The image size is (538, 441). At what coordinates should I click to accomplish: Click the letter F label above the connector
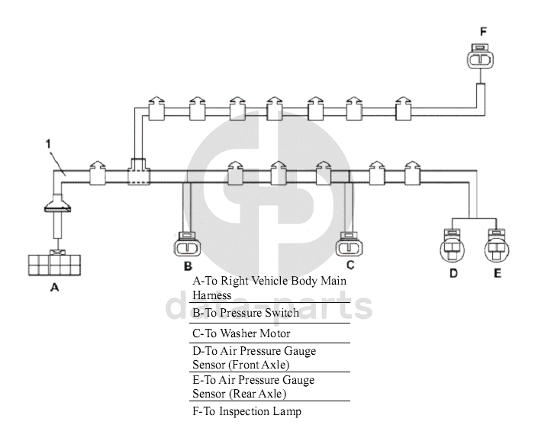coord(482,31)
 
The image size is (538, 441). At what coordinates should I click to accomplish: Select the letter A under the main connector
coord(54,288)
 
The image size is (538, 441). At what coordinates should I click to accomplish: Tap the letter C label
coord(350,266)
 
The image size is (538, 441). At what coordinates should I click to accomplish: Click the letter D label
coord(453,273)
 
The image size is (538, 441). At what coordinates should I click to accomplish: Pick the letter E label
coord(497,273)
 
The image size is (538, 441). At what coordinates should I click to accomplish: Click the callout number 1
coord(47,142)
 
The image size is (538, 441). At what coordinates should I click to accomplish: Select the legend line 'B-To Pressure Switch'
coord(246,313)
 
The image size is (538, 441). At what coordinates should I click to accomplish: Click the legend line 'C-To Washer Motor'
coord(241,333)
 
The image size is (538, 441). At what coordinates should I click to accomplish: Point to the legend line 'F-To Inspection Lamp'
coord(246,412)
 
